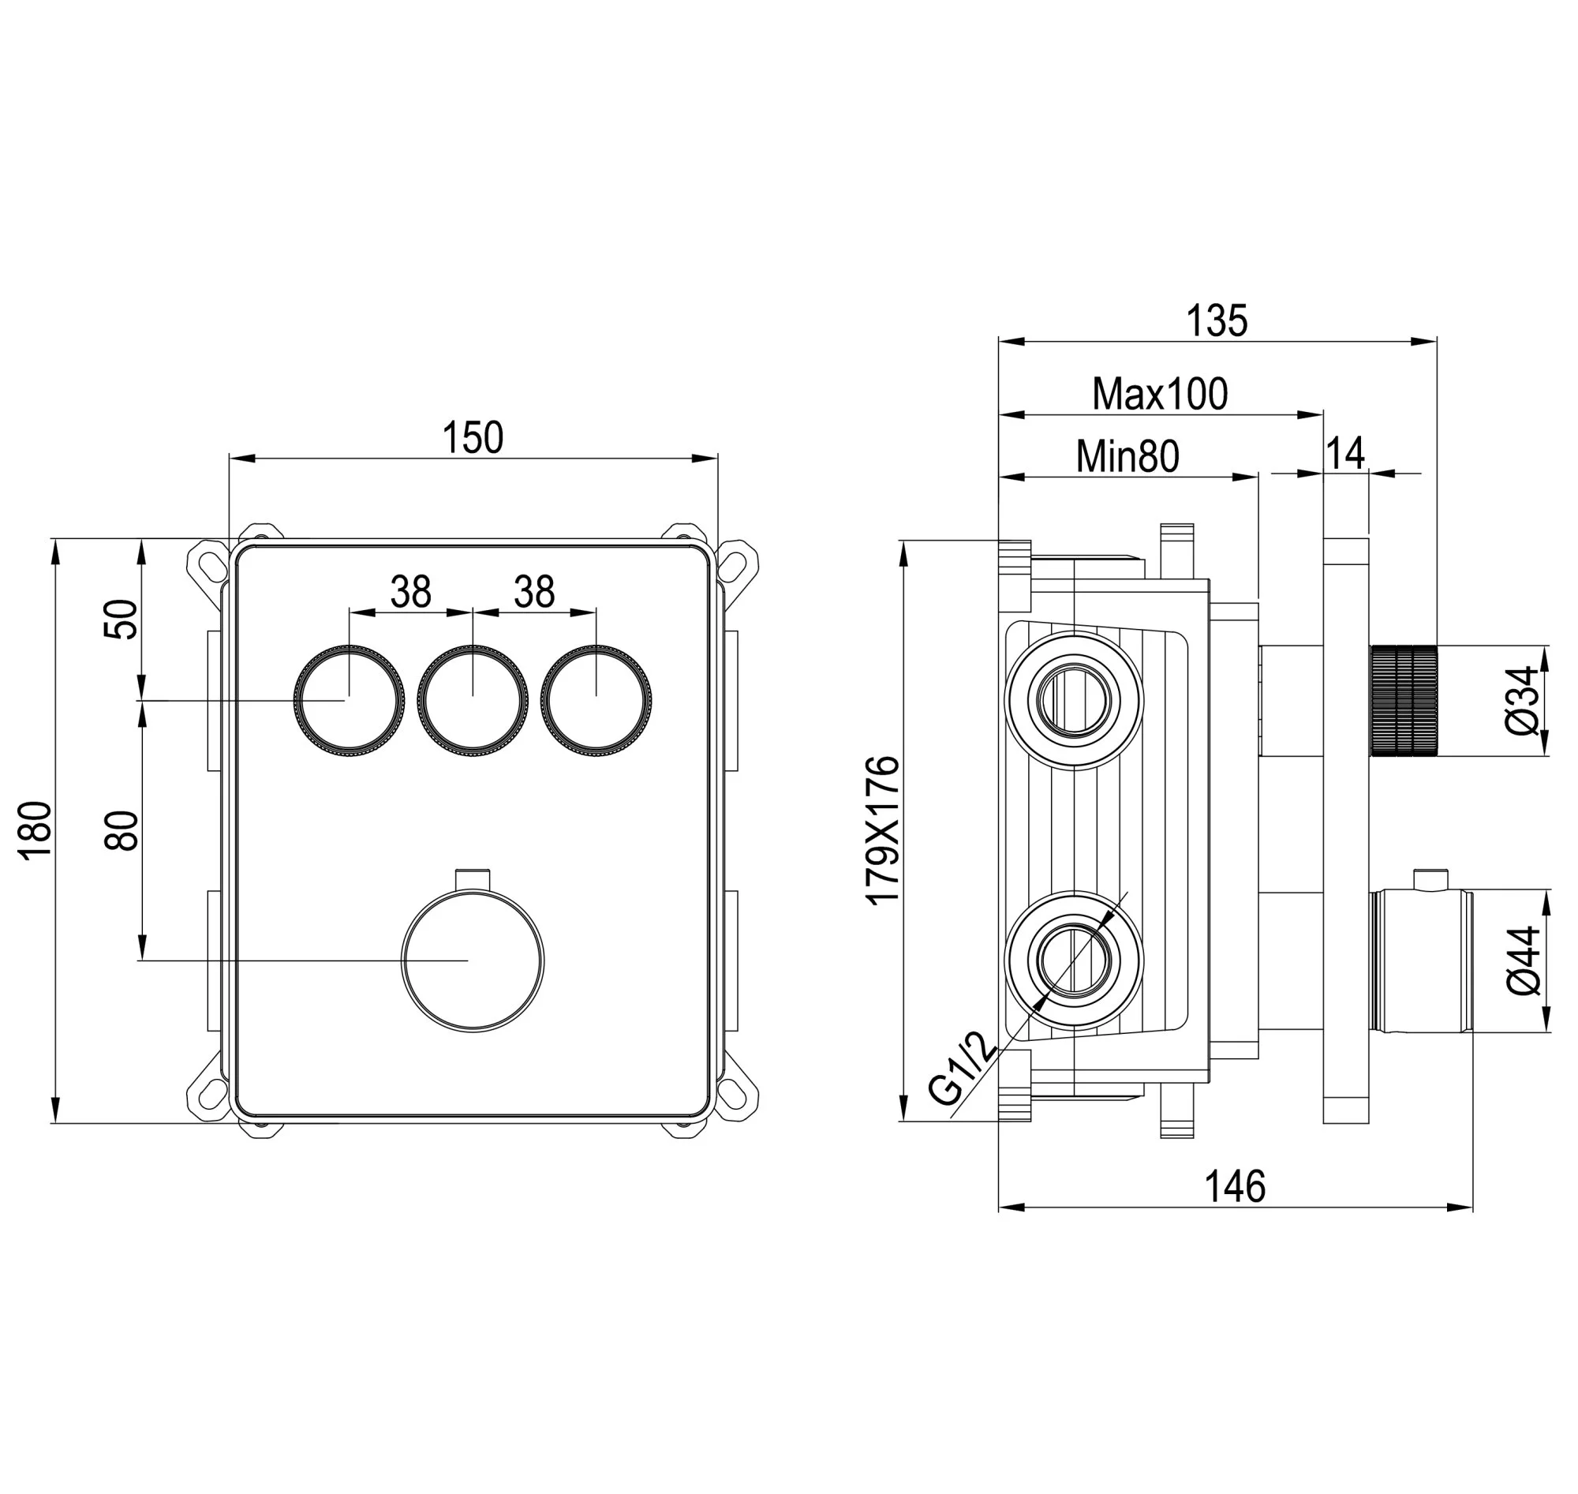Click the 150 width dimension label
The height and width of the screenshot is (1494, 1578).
(x=473, y=437)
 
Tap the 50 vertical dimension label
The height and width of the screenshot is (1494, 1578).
(x=121, y=619)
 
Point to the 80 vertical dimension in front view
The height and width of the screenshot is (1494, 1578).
(x=121, y=830)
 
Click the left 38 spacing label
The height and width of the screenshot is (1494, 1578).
(x=411, y=592)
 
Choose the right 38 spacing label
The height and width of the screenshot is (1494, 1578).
(x=534, y=592)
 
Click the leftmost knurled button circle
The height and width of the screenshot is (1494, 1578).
(x=349, y=701)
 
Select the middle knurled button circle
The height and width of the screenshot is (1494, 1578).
(x=473, y=701)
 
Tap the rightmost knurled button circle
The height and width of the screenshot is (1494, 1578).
(x=596, y=701)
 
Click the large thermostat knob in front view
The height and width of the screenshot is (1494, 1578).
(x=473, y=960)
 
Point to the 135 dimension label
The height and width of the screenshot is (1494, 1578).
(x=1217, y=321)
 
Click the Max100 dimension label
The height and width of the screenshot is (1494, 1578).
(x=1160, y=393)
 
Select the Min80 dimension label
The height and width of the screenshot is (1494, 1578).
(x=1127, y=456)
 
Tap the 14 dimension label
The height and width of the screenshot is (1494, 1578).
(x=1345, y=453)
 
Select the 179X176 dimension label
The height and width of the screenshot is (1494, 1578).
(x=883, y=830)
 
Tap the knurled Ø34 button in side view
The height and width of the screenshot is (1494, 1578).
(x=1404, y=701)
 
